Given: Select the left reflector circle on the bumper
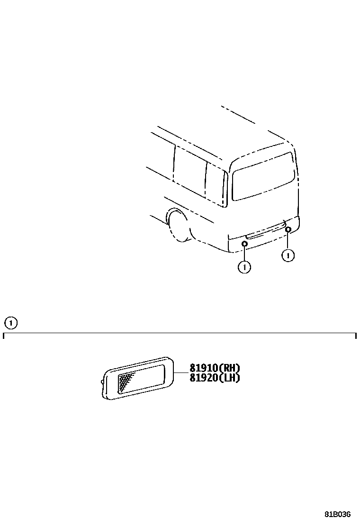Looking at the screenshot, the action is [x=244, y=244].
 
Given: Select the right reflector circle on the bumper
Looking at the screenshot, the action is [x=288, y=230].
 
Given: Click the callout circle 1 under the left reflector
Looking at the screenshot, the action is [x=244, y=267].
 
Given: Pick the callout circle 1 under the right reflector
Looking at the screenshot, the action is [x=288, y=255].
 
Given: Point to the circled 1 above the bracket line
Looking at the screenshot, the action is [x=11, y=323].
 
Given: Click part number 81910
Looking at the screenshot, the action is [x=203, y=368].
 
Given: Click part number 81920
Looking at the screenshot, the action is [x=203, y=378].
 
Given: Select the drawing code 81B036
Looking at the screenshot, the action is [x=337, y=514].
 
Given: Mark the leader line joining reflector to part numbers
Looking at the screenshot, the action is [x=181, y=373].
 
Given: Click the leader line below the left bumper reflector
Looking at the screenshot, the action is [x=244, y=254].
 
